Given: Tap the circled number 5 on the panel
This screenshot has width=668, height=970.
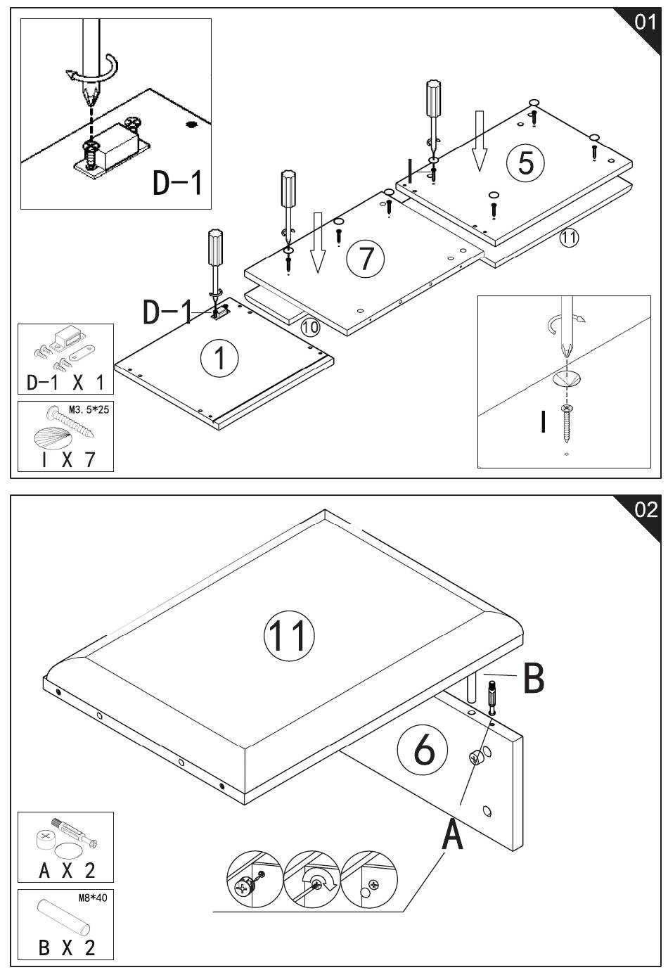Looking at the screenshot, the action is [525, 163].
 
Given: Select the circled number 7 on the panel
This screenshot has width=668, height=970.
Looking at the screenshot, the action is [366, 258].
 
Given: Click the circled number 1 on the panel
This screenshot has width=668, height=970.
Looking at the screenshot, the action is [219, 358].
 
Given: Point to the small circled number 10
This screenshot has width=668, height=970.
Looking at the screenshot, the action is [310, 327].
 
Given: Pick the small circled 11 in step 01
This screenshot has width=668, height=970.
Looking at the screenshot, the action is [569, 237].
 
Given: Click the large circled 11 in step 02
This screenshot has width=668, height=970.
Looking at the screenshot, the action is [289, 635].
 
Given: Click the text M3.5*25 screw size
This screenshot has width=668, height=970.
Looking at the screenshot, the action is [89, 409].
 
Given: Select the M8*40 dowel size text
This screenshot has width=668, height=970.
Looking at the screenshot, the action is [93, 898].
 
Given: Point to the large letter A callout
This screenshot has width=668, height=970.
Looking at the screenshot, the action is [452, 834].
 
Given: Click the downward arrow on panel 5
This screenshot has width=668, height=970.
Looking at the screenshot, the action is [480, 141].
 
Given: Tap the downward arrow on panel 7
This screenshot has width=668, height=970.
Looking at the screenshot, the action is [319, 243].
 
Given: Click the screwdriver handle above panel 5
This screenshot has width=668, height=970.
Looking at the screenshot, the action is [434, 98].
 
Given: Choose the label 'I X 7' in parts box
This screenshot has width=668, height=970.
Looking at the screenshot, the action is [68, 459].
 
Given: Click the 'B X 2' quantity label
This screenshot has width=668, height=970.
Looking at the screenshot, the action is [67, 947].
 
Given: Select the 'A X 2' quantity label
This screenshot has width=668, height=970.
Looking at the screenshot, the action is [67, 870].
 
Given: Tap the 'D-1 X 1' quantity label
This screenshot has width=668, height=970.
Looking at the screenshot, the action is [65, 383].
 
